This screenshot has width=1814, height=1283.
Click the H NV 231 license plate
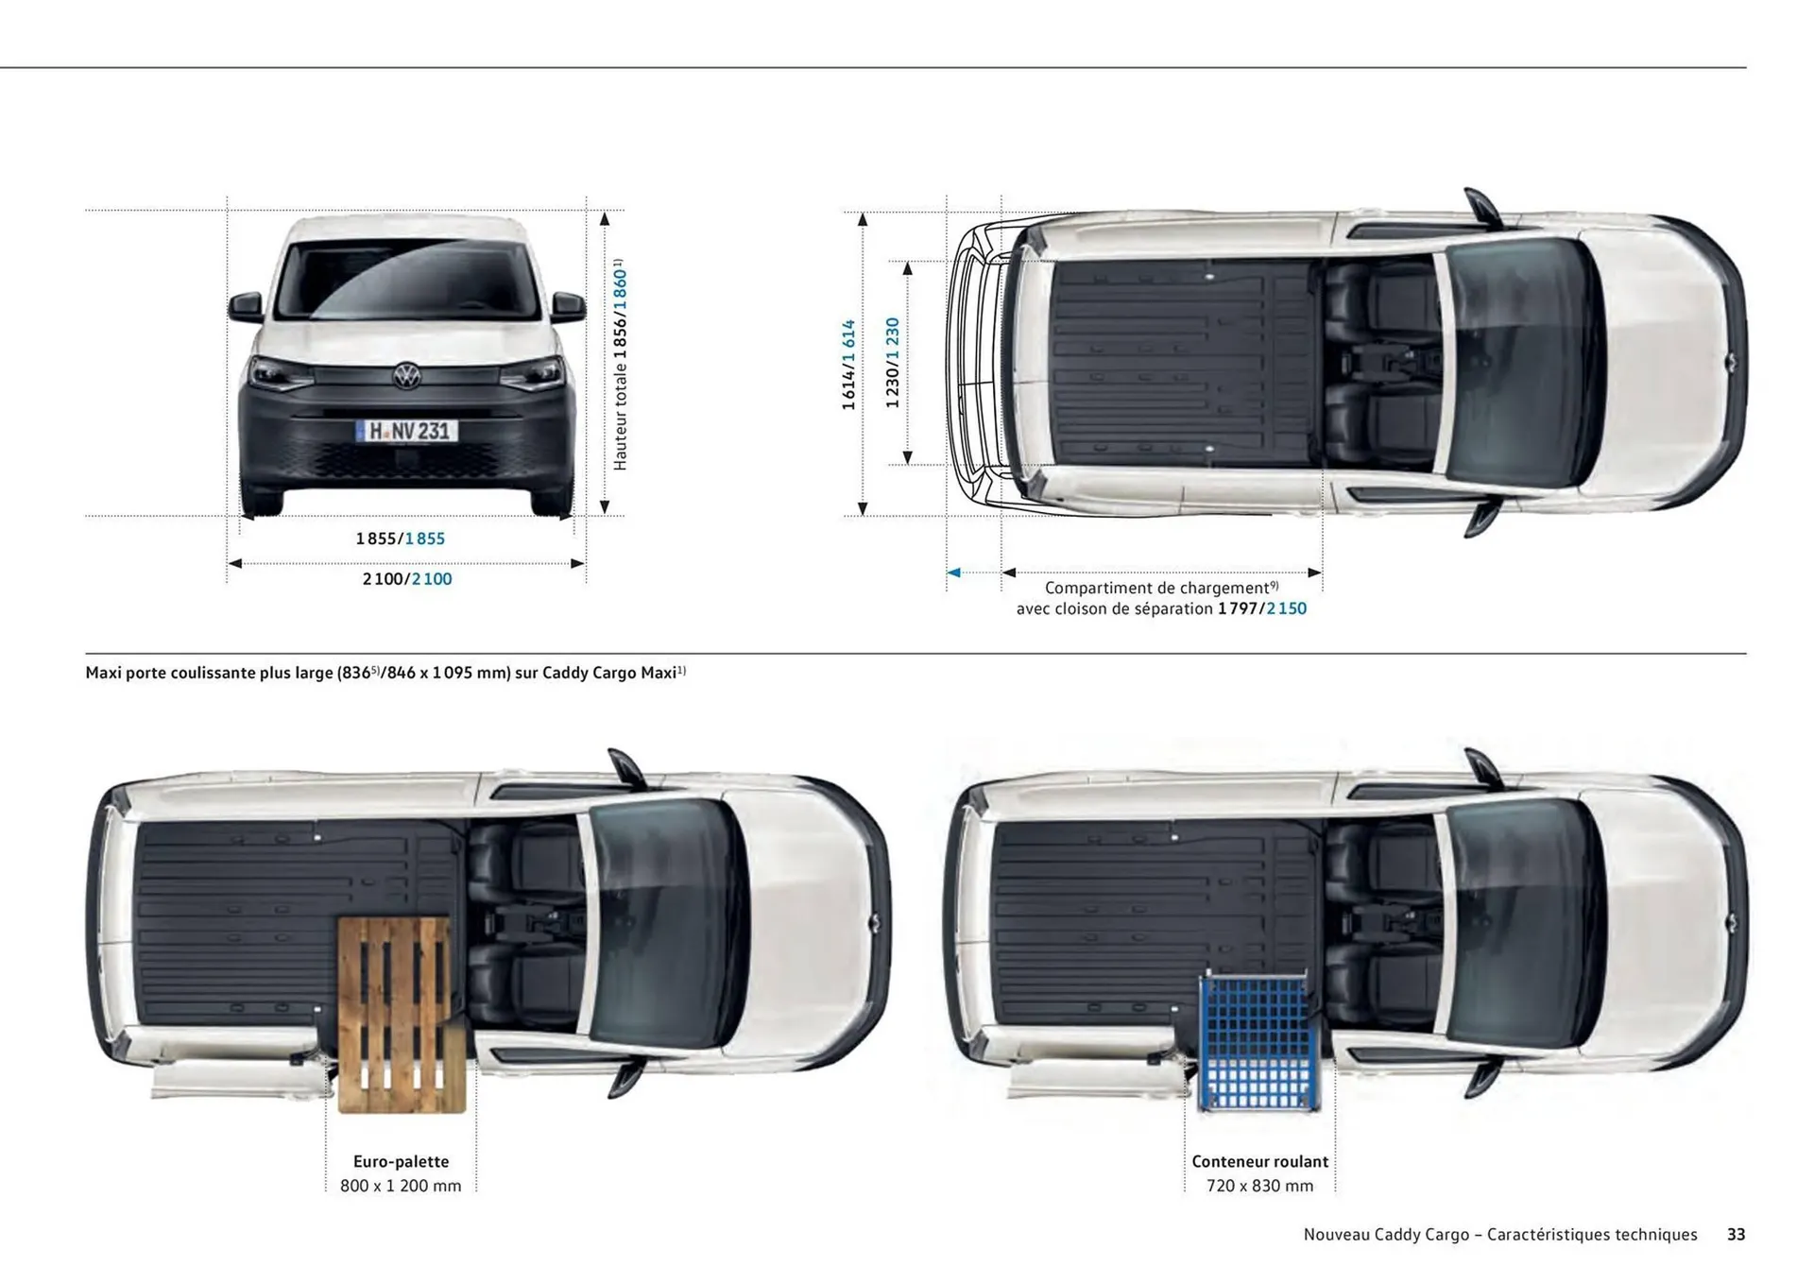point(406,432)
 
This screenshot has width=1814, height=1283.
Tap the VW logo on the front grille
point(406,376)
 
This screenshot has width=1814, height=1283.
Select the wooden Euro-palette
point(402,1014)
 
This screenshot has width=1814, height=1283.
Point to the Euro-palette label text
point(401,1161)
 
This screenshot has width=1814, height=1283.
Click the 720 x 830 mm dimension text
point(1259,1186)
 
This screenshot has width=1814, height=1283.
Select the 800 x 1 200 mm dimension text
point(401,1186)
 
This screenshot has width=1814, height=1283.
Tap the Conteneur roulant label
point(1259,1161)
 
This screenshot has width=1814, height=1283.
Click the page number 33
point(1736,1235)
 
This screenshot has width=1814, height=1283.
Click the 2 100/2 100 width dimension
point(407,579)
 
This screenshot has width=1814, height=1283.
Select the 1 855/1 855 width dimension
point(400,539)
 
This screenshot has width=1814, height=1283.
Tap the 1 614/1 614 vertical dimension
point(848,365)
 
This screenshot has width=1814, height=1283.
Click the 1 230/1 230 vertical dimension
point(892,363)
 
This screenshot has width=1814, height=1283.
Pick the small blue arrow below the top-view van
point(954,573)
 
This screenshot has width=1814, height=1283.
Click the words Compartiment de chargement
point(1156,588)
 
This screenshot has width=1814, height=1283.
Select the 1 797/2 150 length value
point(1262,609)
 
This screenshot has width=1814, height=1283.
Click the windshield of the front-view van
point(406,281)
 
